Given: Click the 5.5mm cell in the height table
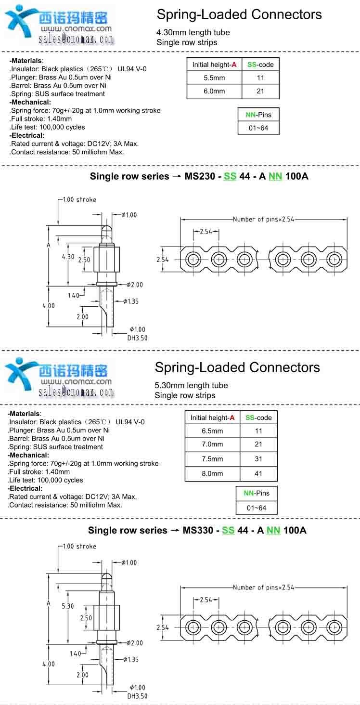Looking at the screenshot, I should (214, 78).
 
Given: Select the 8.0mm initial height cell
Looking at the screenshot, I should (212, 473).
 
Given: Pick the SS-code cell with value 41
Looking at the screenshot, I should (258, 473).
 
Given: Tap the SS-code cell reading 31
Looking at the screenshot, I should (258, 459).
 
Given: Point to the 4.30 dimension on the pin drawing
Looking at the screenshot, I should (68, 257).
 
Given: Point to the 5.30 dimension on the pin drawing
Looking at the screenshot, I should (68, 606).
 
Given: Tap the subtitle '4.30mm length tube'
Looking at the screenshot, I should (193, 32).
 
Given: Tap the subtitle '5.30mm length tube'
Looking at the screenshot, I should (191, 385).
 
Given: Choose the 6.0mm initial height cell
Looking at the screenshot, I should (214, 91).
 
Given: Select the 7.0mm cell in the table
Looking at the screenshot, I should (212, 444).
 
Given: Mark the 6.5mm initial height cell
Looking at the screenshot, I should (212, 431).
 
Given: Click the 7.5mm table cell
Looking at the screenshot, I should (212, 459).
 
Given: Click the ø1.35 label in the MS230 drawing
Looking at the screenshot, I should (130, 301).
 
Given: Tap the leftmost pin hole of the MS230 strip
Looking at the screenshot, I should (194, 259).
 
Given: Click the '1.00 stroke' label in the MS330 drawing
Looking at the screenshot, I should (79, 546).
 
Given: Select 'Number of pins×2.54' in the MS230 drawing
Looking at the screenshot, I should (263, 219).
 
